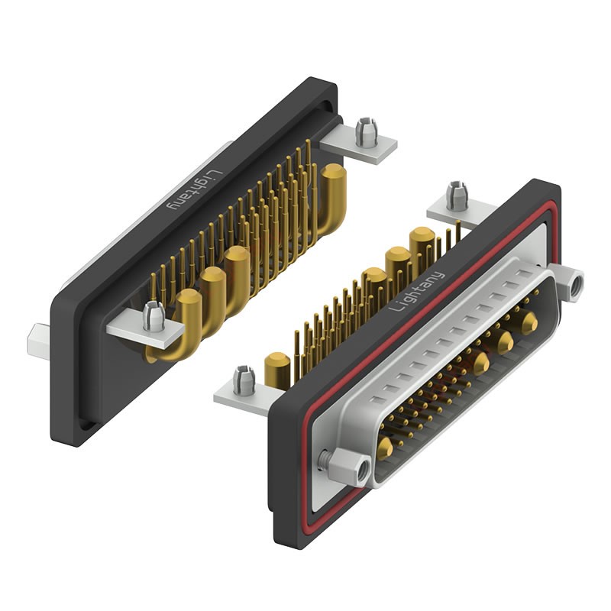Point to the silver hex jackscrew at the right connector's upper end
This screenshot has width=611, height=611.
click(x=571, y=283)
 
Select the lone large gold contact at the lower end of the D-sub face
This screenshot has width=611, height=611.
click(x=386, y=450)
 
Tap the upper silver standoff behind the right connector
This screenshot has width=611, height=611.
click(x=457, y=195)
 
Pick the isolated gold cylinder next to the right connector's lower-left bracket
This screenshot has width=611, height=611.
click(x=275, y=370)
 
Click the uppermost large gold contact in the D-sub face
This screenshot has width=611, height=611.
click(x=529, y=323)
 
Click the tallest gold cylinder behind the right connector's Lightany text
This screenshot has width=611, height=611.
click(x=422, y=244)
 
